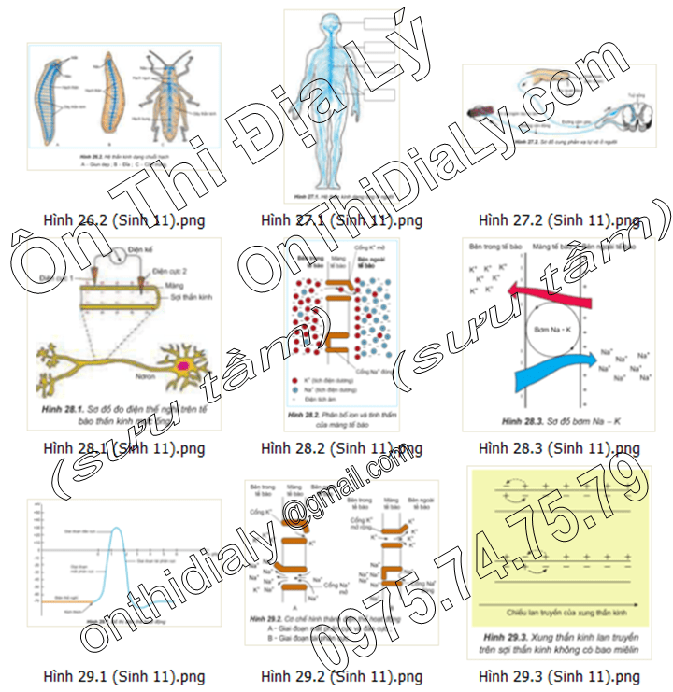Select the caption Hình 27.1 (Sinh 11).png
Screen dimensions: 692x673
coord(342,221)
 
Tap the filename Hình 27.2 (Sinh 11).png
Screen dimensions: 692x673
coord(559,221)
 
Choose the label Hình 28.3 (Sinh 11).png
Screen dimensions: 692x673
coord(559,448)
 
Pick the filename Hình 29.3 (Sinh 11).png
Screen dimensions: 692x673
coord(559,676)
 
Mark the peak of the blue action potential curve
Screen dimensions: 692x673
coord(120,529)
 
